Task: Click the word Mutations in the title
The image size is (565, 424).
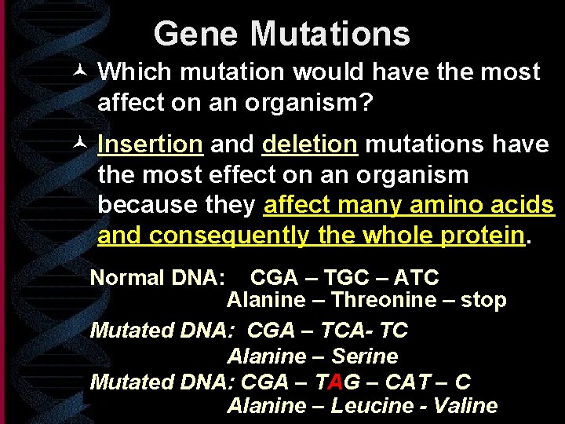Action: tap(330, 34)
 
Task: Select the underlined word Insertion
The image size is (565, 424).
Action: tap(151, 144)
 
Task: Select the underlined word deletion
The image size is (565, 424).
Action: tap(310, 144)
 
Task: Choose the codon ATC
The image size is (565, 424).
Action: tap(417, 277)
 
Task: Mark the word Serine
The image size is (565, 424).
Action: tap(364, 356)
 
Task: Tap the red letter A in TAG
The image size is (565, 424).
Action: tap(334, 382)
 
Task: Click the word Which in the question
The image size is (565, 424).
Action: tap(134, 72)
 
